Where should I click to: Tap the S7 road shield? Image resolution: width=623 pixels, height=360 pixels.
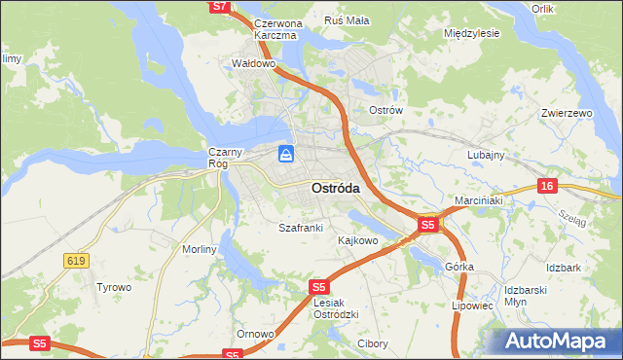[x=219, y=6]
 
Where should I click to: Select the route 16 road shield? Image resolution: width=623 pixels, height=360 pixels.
[x=547, y=186]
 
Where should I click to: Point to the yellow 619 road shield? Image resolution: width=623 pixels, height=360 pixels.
[x=76, y=260]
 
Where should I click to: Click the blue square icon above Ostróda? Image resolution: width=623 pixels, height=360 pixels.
[x=286, y=154]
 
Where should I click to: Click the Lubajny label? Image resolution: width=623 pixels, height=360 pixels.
[x=485, y=155]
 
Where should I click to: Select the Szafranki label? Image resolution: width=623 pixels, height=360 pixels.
[x=300, y=227]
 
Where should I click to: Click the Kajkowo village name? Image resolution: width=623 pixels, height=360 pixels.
[x=357, y=239]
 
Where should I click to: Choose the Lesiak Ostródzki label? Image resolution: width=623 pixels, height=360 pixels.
[x=337, y=307]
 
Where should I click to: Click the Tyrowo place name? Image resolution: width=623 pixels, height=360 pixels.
[x=113, y=287]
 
